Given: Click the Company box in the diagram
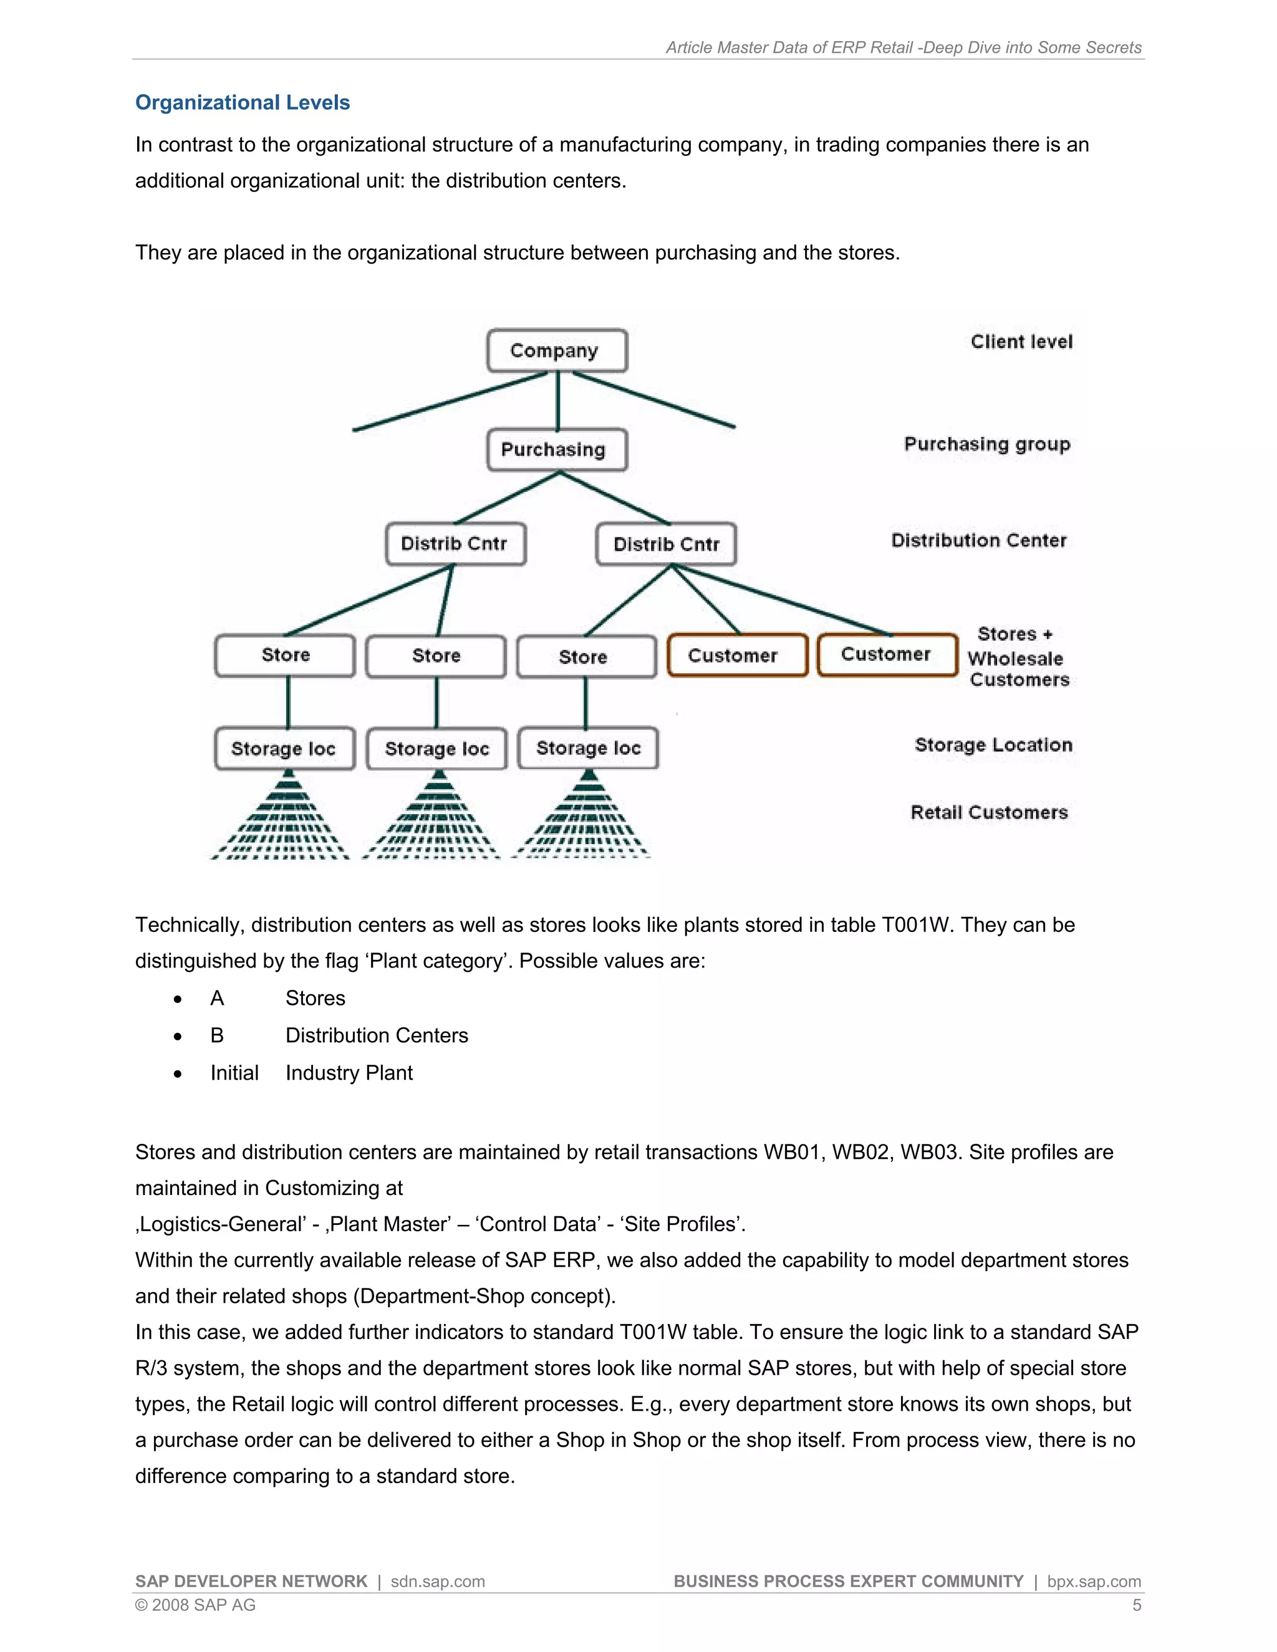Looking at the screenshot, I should point(557,350).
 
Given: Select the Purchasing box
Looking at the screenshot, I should point(557,450).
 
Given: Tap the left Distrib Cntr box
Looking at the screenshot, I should point(455,544).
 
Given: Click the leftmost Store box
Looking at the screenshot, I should point(285,655).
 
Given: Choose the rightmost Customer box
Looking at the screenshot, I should point(887,655).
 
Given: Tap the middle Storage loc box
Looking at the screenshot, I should point(436,749).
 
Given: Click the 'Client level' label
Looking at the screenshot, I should point(1021,342).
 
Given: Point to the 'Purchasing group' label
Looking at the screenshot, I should point(987,444).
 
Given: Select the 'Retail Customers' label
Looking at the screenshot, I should point(989,812).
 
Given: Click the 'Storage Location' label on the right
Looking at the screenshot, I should point(993,745).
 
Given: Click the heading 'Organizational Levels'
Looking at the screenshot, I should point(242,103).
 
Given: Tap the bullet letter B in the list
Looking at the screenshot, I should point(217,1035).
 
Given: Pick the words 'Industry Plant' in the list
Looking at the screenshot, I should point(349,1073).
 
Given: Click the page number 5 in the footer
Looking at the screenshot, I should point(1136,1605).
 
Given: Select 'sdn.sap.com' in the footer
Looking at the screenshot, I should point(437,1582).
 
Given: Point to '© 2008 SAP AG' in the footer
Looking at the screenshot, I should point(195,1605).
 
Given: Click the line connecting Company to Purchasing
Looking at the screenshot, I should point(557,401).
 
